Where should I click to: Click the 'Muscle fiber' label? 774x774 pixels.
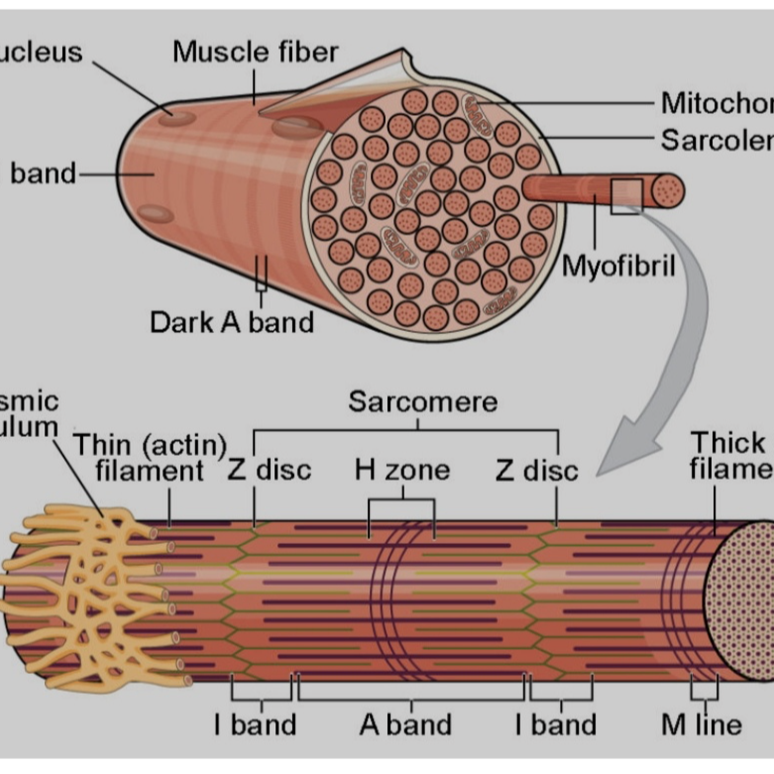tap(255, 51)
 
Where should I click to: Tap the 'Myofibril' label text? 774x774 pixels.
tap(618, 266)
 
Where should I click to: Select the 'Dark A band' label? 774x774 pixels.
tap(231, 322)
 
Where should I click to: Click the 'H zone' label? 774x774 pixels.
tap(401, 469)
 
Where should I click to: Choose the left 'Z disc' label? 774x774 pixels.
tap(270, 469)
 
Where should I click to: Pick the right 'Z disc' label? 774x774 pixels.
tap(536, 469)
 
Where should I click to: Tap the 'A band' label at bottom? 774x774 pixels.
tap(405, 724)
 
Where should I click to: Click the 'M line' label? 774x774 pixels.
tap(701, 724)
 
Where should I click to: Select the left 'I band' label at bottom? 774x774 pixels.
tap(256, 724)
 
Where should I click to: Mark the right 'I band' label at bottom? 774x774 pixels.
tap(555, 724)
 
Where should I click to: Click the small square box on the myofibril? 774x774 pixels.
tap(626, 196)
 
